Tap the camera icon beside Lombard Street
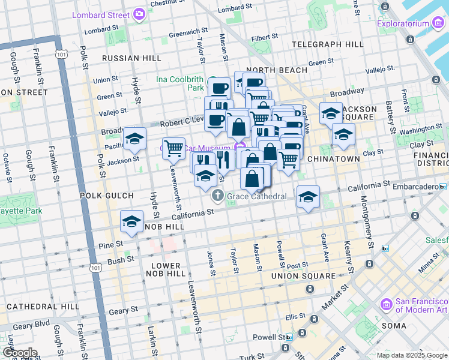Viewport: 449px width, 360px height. pos(139,13)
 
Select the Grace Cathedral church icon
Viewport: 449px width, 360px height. pos(217,196)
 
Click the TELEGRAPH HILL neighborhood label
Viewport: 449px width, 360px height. pos(327,44)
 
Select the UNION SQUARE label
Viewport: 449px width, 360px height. pos(303,276)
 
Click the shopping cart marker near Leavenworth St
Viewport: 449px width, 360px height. pos(173,147)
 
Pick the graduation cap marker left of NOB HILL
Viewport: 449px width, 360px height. pos(131,221)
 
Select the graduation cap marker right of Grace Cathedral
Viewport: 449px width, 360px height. pos(308,197)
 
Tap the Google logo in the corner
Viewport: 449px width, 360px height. pos(19,353)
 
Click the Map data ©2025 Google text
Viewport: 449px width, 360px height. pos(411,355)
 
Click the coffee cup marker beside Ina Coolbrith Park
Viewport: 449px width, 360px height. pos(220,88)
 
